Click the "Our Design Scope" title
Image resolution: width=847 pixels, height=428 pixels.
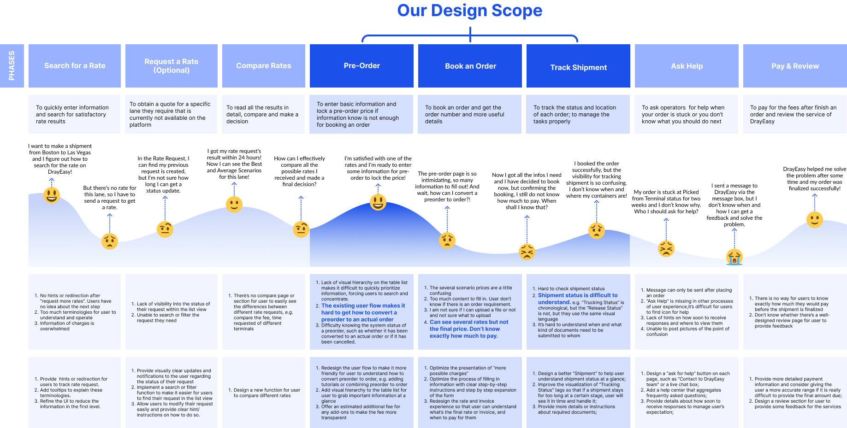(x=469, y=11)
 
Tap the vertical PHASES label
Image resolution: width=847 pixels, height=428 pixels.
(x=12, y=65)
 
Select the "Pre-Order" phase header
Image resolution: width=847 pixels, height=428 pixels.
(x=361, y=66)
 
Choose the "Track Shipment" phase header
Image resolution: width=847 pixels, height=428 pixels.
(x=578, y=67)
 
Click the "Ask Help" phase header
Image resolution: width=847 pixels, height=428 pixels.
(x=687, y=66)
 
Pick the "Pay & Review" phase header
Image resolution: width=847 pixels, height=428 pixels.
(x=795, y=66)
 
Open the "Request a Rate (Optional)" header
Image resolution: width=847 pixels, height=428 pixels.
(x=171, y=66)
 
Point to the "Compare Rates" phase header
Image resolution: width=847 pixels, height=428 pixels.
(x=263, y=66)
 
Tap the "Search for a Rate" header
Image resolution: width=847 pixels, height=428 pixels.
(x=75, y=66)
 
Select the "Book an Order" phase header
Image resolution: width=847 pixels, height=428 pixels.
(x=470, y=66)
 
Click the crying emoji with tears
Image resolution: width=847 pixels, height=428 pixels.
(x=734, y=257)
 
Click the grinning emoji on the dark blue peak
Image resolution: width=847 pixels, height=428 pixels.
(x=378, y=202)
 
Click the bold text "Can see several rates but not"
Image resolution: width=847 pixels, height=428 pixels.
(x=468, y=322)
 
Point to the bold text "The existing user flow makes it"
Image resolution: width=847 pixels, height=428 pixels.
(x=363, y=305)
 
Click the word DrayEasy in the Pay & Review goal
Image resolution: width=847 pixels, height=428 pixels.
(x=762, y=122)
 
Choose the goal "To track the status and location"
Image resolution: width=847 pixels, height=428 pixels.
(x=575, y=108)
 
